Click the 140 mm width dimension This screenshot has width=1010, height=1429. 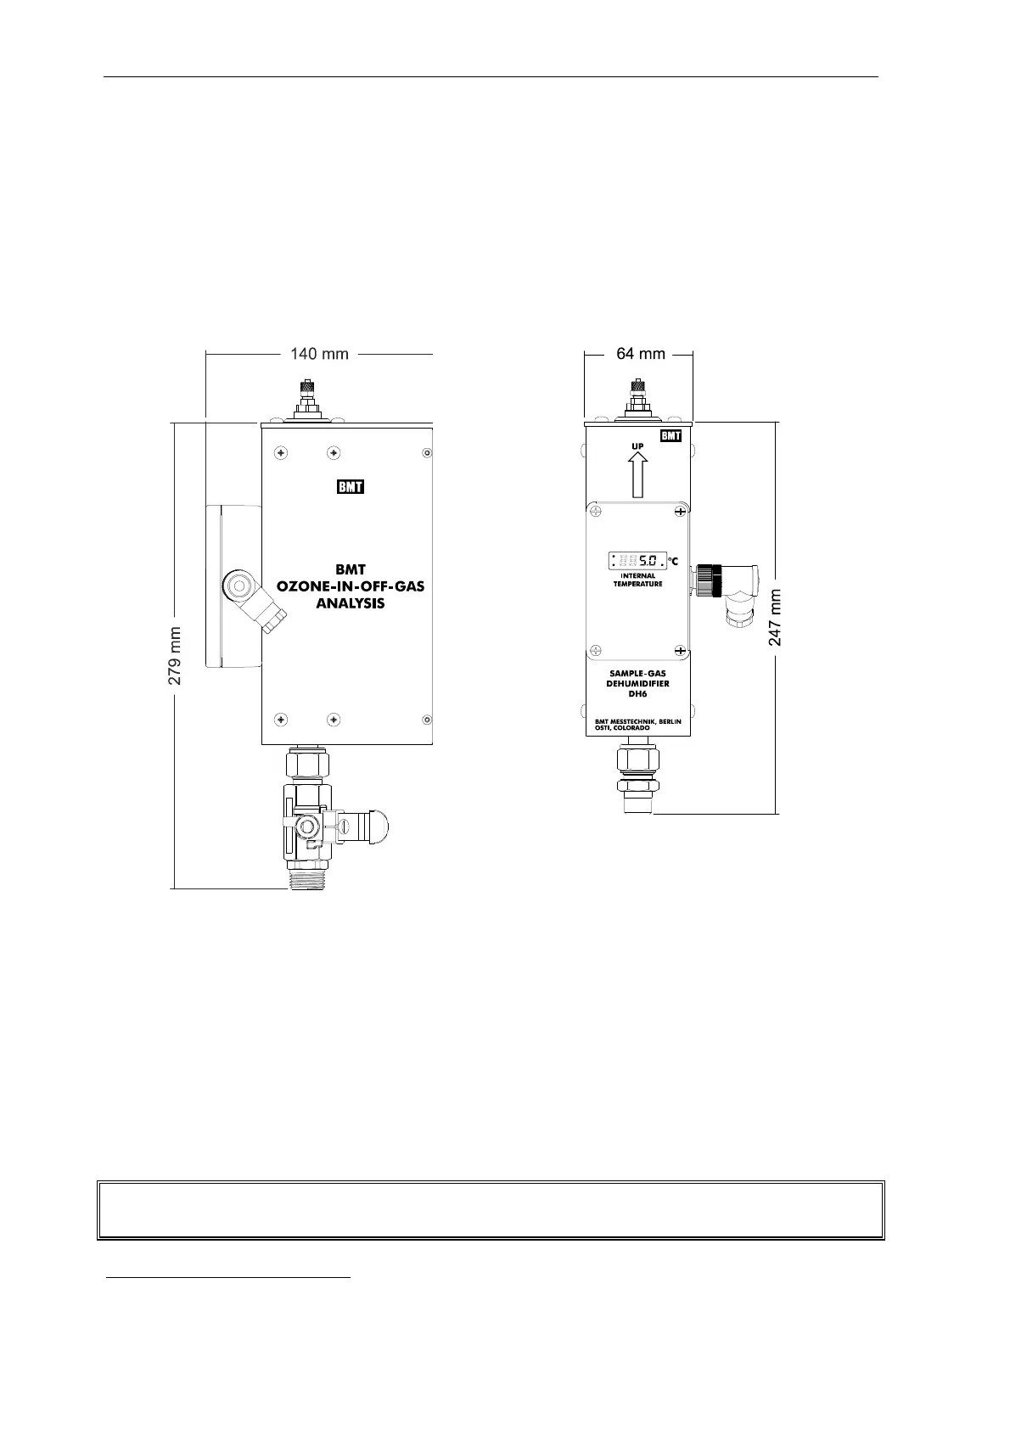pyautogui.click(x=319, y=353)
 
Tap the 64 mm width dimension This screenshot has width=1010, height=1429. pyautogui.click(x=640, y=353)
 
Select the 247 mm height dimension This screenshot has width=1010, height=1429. pyautogui.click(x=776, y=617)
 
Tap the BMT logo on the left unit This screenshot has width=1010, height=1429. pyautogui.click(x=351, y=486)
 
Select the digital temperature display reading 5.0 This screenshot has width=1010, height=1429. pyautogui.click(x=637, y=560)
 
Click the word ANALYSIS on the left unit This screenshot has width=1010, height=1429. pyautogui.click(x=350, y=603)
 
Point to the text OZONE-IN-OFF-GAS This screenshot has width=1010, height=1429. pyautogui.click(x=350, y=586)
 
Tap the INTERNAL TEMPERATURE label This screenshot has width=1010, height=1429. pyautogui.click(x=637, y=580)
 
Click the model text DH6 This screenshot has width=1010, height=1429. pyautogui.click(x=637, y=693)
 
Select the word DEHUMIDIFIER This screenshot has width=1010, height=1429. pyautogui.click(x=637, y=683)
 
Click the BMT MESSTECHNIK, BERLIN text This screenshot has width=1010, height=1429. pyautogui.click(x=638, y=720)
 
